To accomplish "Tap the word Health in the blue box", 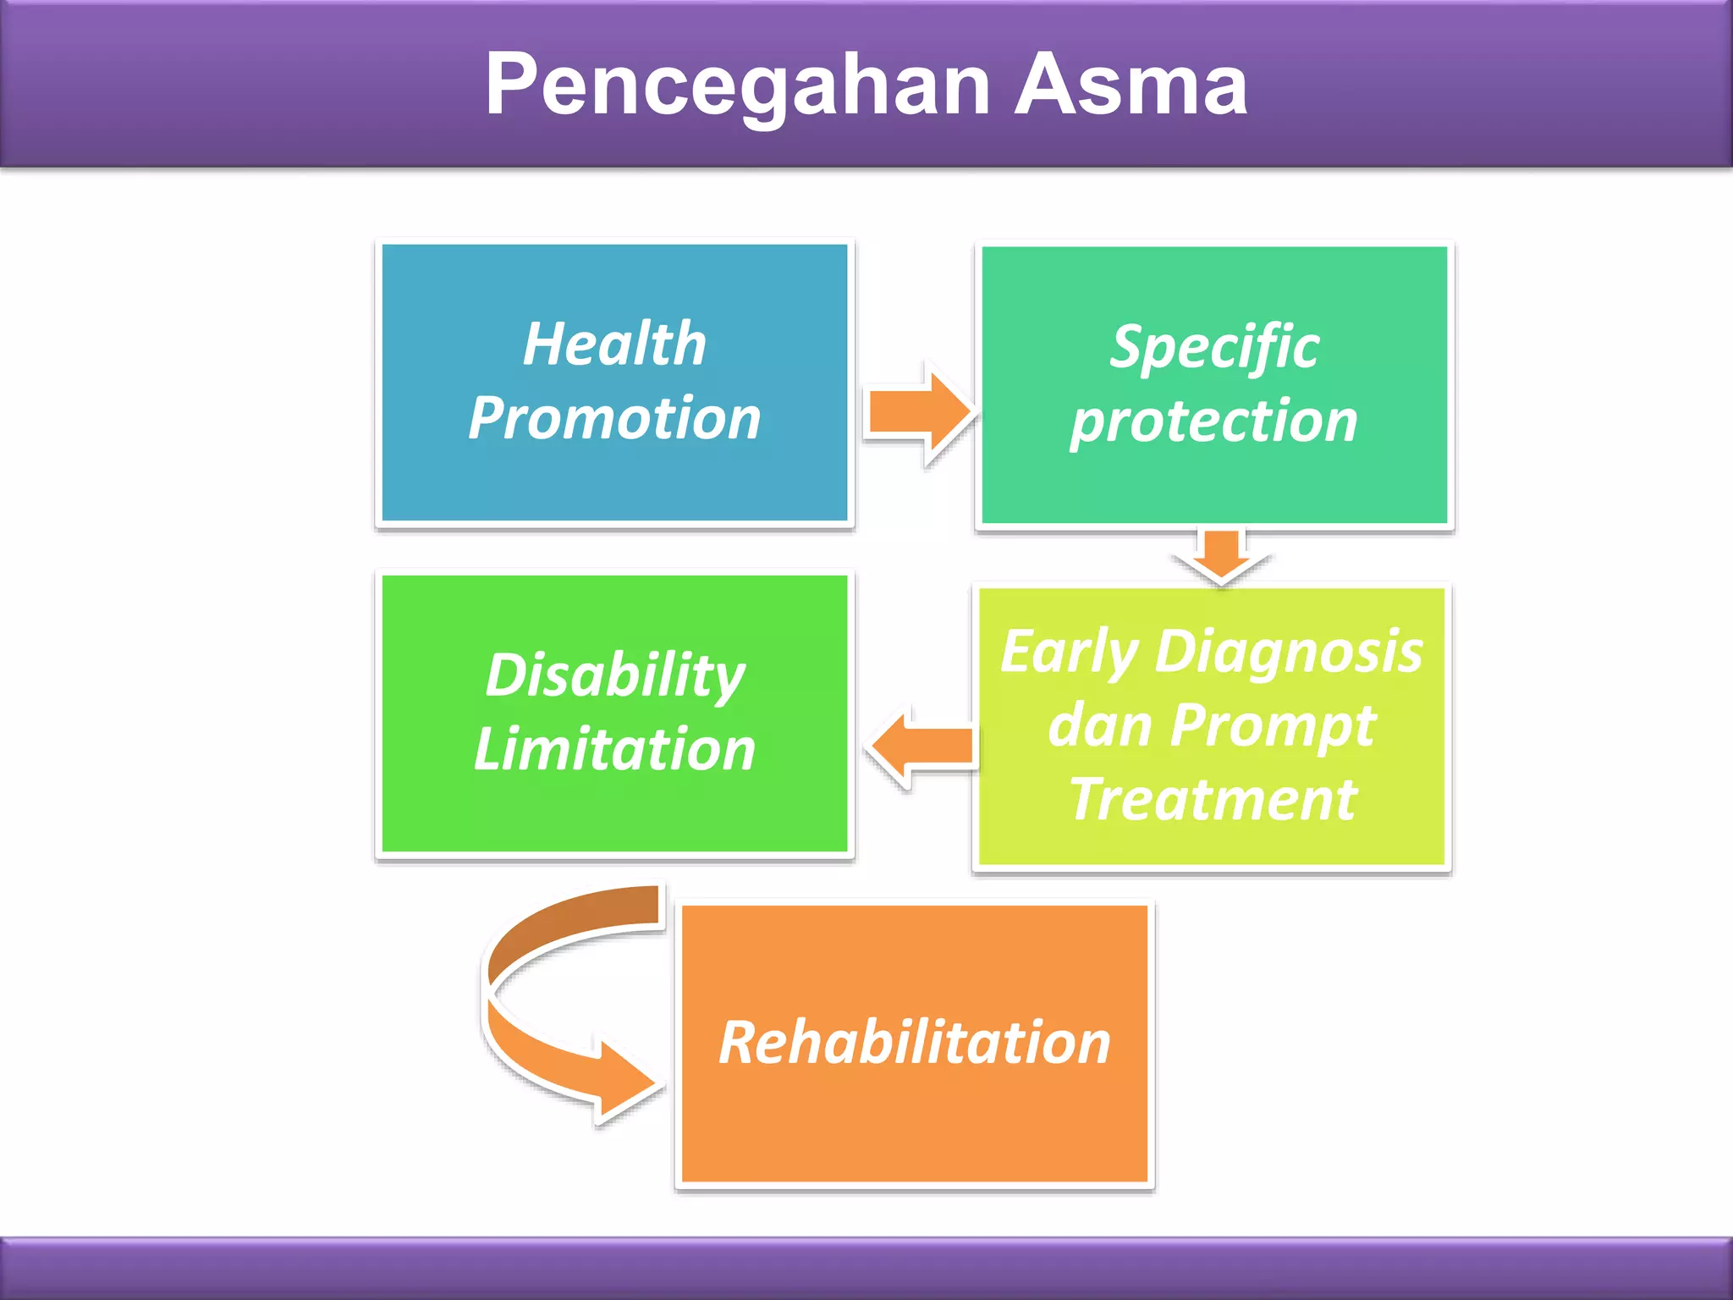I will [614, 344].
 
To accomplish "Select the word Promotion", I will [614, 418].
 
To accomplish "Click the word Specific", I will [1214, 347].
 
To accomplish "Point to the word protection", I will [1214, 421].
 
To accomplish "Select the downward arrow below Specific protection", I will [1221, 554].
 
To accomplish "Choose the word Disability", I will [614, 675].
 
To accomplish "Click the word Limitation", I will [614, 749].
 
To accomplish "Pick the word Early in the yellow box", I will [1069, 653].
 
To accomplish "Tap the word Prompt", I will [1274, 725].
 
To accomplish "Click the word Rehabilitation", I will [914, 1042].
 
